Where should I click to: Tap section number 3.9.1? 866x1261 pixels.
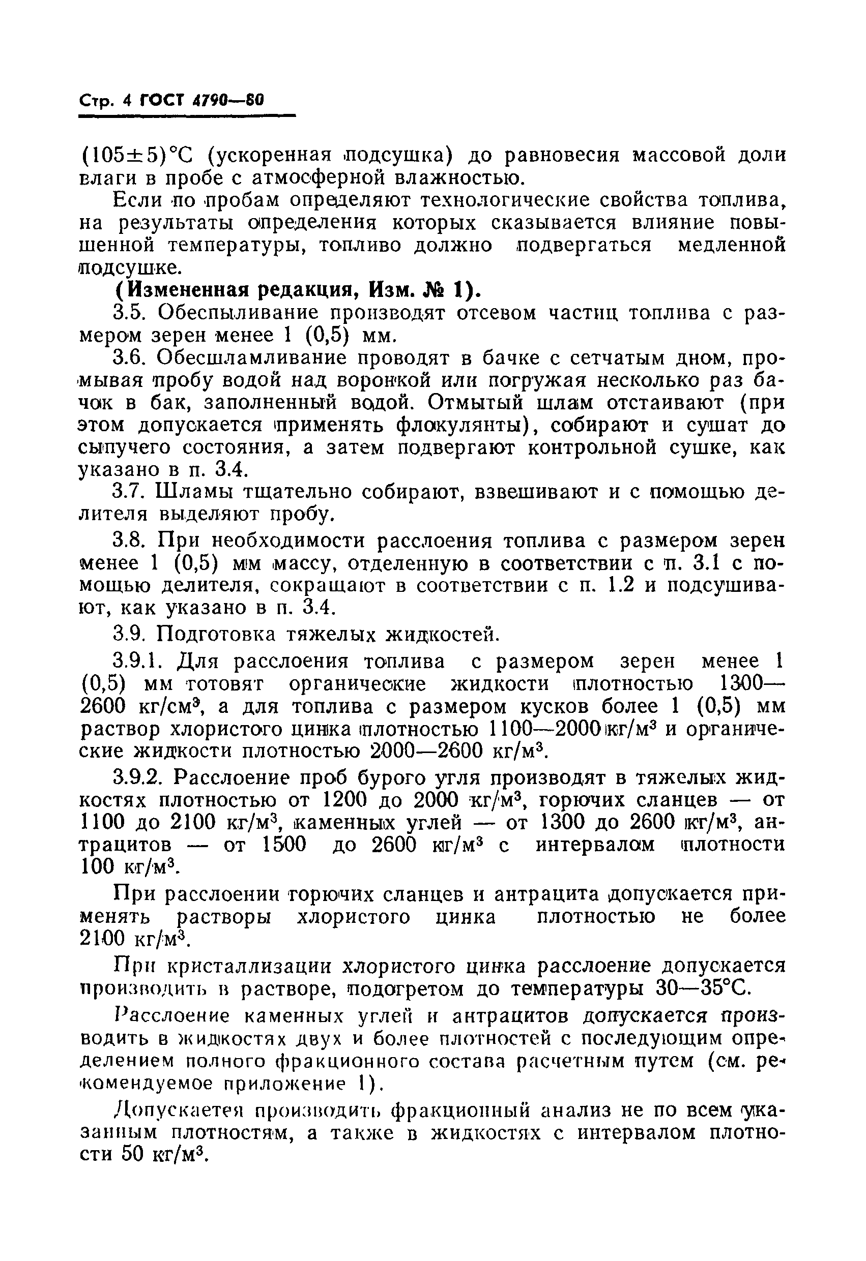138,662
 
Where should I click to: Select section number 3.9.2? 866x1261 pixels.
138,778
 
